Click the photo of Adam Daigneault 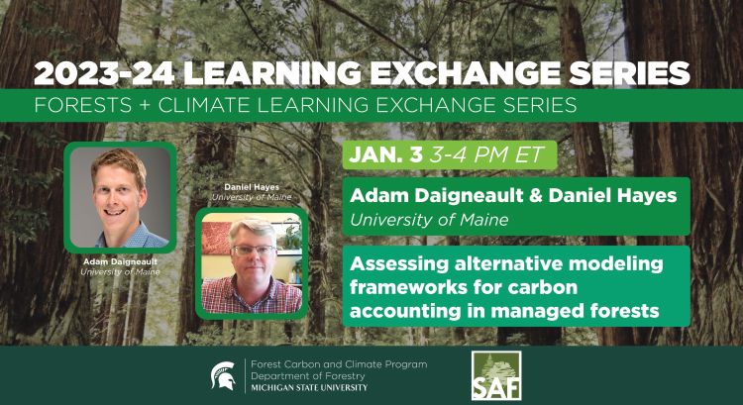(x=119, y=195)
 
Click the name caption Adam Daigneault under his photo (x=119, y=261)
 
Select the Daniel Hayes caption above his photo (x=251, y=187)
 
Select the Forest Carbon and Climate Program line (x=339, y=363)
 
